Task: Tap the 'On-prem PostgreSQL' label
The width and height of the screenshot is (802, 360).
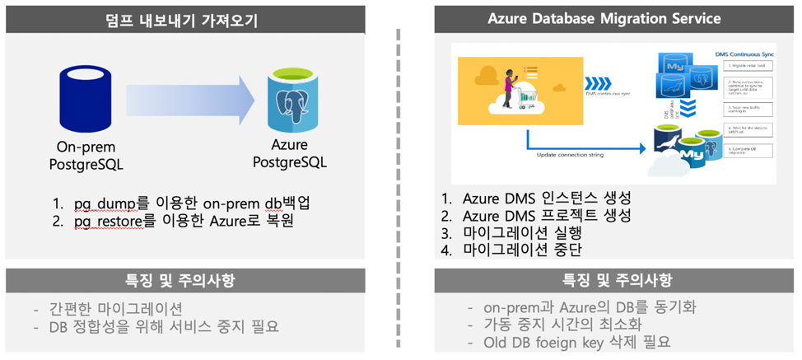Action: (85, 156)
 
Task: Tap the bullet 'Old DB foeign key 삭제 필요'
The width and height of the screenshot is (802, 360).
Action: (577, 341)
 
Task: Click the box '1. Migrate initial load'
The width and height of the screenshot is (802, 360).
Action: (748, 64)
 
